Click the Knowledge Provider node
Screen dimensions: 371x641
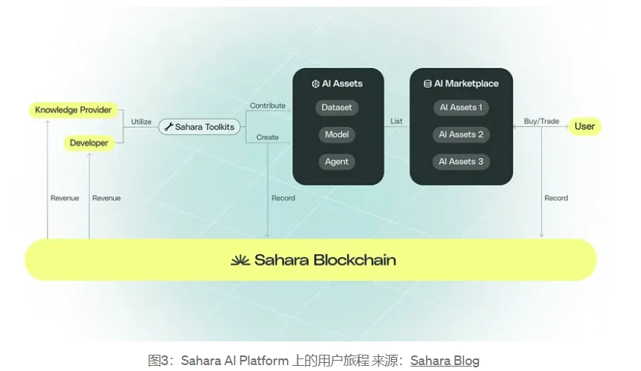[x=73, y=110]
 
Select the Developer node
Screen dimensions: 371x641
[x=89, y=143]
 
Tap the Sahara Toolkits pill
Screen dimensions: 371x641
[x=200, y=127]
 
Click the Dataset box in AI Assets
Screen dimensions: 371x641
[x=336, y=108]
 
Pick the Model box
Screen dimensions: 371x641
[x=336, y=135]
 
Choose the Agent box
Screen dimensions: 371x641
[x=336, y=162]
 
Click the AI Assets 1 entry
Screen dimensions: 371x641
[x=461, y=108]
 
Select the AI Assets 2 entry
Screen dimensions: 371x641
[x=461, y=135]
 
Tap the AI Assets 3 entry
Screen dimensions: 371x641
[x=461, y=162]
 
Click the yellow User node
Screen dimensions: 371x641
[x=584, y=126]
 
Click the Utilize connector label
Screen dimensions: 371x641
[x=141, y=121]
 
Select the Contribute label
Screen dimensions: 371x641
[x=268, y=106]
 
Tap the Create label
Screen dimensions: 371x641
[x=268, y=137]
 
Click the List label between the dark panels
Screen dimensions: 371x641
[x=396, y=120]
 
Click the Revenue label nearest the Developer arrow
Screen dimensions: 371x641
[x=106, y=198]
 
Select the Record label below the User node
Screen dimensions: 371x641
[x=556, y=198]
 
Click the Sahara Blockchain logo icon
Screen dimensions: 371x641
[x=240, y=260]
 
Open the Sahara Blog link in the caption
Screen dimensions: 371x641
[x=444, y=361]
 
